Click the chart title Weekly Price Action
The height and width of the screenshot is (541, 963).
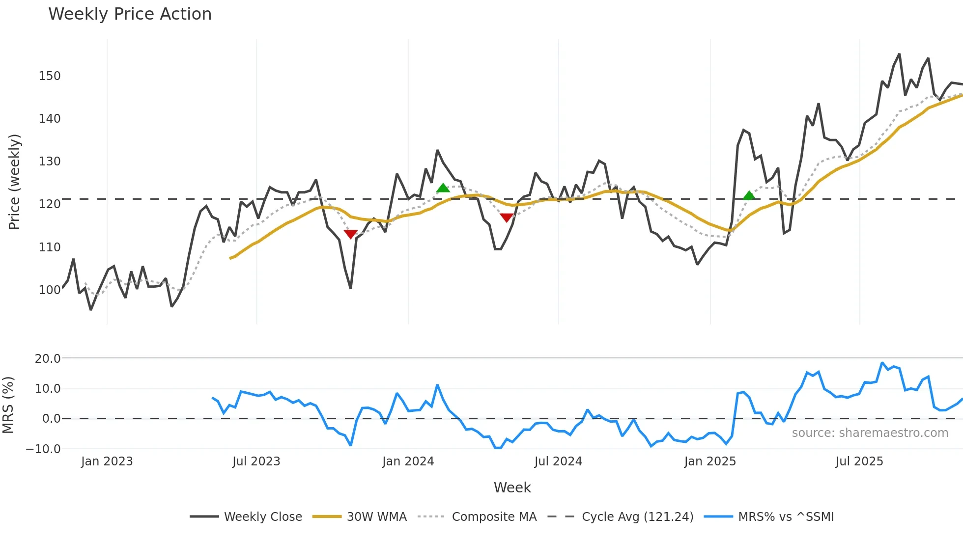click(x=130, y=14)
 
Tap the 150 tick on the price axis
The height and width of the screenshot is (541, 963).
click(x=50, y=76)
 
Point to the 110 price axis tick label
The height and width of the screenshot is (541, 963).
click(x=50, y=247)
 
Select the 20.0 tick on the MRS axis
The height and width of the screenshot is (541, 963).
click(x=48, y=359)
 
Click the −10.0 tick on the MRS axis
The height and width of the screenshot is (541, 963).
click(x=43, y=449)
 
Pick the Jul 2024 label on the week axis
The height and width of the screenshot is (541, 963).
click(x=558, y=461)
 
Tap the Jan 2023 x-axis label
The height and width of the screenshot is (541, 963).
click(x=107, y=461)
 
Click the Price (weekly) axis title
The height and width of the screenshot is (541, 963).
click(x=15, y=182)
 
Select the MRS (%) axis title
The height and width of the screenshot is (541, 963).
click(x=8, y=405)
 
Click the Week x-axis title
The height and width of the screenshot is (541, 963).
click(x=512, y=487)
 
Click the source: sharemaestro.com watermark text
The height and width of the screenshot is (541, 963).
click(x=870, y=433)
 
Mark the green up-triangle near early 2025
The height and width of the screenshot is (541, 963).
click(x=749, y=195)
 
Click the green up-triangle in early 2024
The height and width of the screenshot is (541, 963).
click(x=443, y=188)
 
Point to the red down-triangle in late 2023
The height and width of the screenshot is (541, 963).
click(x=350, y=234)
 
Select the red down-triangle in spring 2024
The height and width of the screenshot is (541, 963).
click(x=507, y=217)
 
